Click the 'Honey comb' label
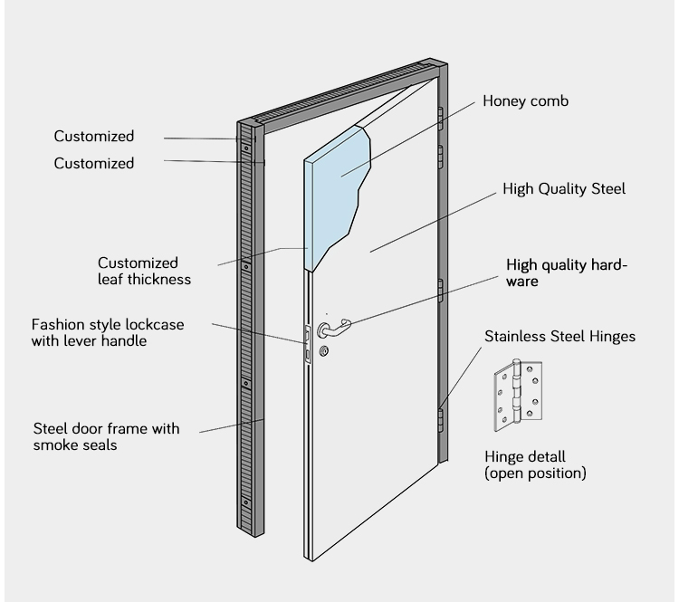coord(525,102)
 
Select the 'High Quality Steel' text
coord(564,189)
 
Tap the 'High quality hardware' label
coord(567,273)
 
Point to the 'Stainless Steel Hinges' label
coord(559,337)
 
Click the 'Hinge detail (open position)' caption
coord(535,465)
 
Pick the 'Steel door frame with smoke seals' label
coord(107,436)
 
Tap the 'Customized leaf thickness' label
coord(144,271)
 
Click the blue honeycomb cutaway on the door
coord(339,190)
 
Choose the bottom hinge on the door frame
coord(441,417)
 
